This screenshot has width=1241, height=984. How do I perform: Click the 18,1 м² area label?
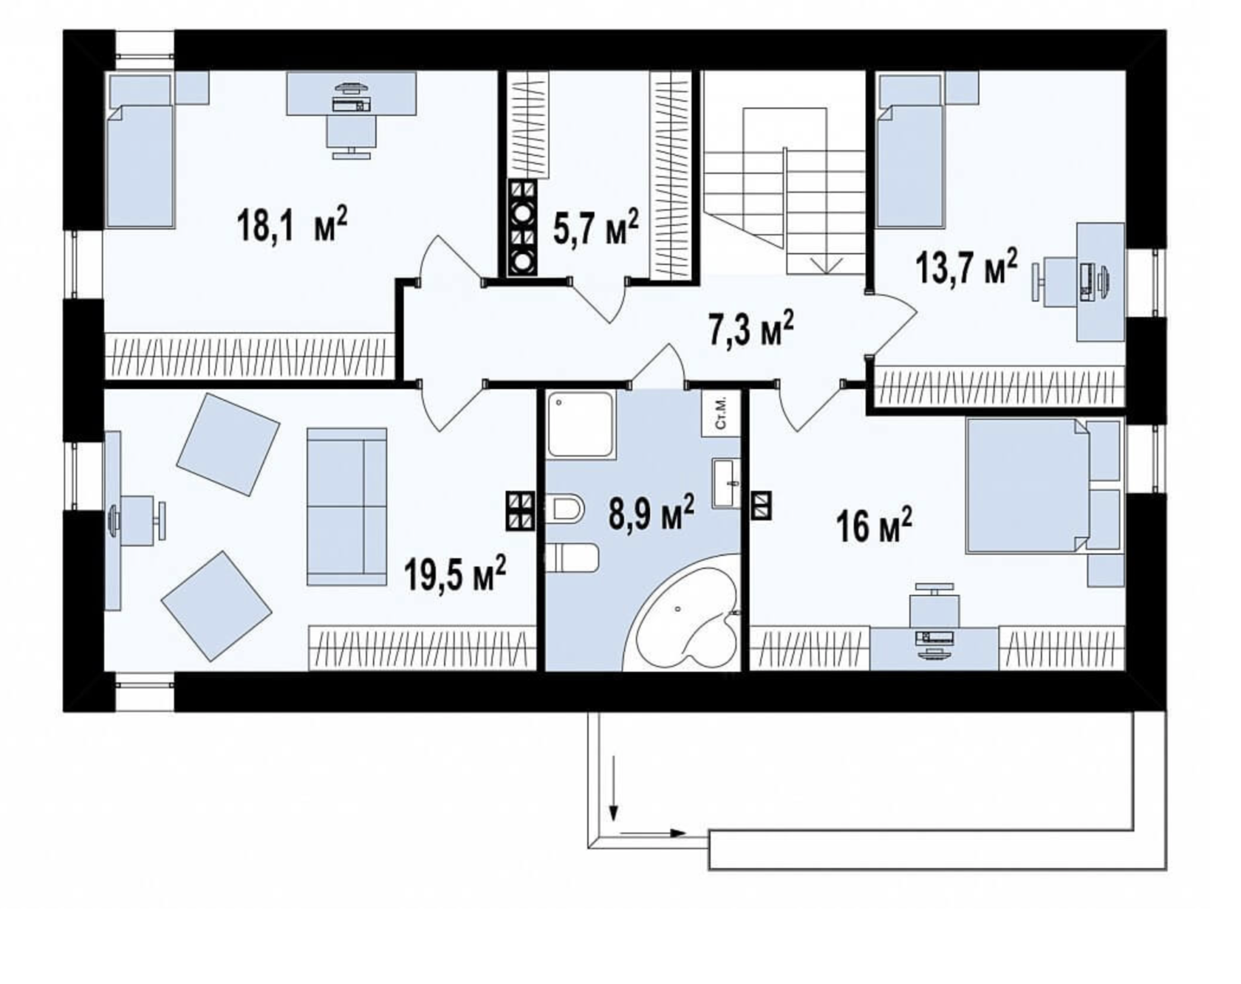(x=291, y=224)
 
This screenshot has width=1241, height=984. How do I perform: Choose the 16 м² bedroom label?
(x=874, y=526)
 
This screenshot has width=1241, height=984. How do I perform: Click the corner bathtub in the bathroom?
(x=683, y=616)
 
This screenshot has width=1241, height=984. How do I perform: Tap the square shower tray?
(x=581, y=425)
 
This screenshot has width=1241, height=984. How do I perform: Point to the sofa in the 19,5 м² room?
(x=346, y=506)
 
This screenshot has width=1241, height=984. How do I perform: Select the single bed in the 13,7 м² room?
(x=910, y=151)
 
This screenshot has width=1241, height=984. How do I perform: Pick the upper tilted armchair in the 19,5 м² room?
(x=228, y=444)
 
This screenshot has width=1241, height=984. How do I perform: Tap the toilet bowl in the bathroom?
(x=566, y=508)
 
